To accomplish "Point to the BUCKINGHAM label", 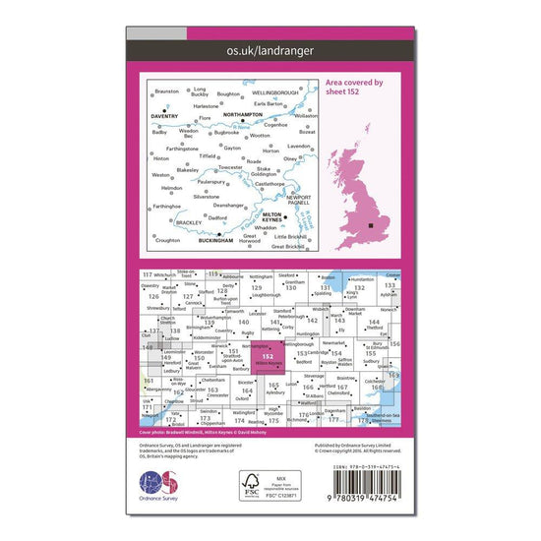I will click(x=215, y=239).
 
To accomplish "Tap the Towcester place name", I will click(x=231, y=168).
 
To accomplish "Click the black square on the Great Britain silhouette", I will click(x=371, y=227).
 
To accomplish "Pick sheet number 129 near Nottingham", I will click(x=258, y=288).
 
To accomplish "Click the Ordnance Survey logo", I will click(x=161, y=487).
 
